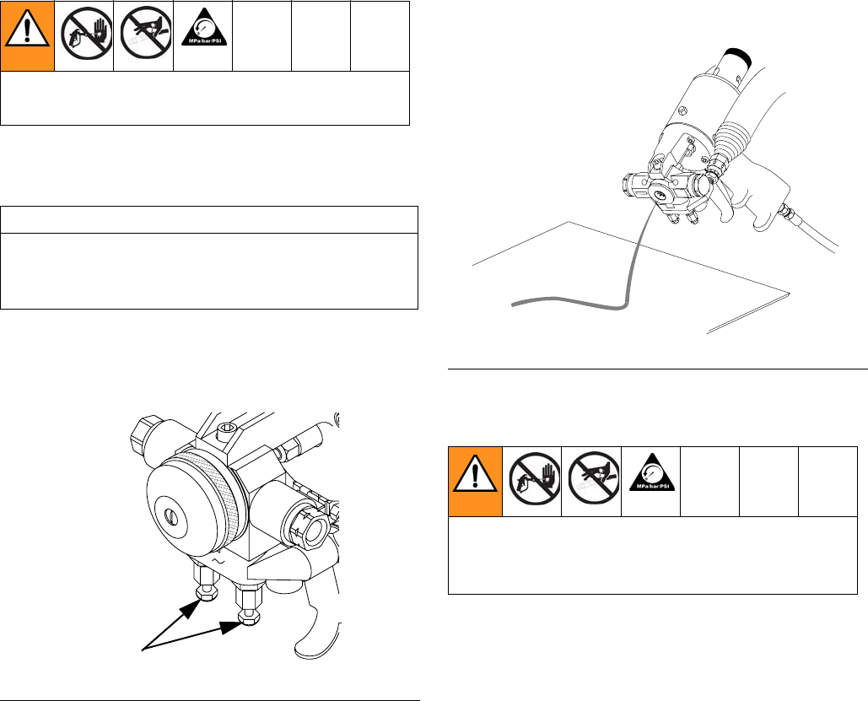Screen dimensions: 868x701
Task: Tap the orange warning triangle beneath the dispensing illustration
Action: [474, 475]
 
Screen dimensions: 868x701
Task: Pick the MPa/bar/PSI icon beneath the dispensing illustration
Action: [652, 474]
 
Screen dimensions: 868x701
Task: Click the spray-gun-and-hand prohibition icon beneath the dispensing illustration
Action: [535, 478]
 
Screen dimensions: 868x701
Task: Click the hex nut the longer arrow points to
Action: [249, 617]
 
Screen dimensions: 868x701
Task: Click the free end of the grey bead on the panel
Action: [513, 304]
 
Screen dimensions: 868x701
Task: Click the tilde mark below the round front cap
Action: [218, 560]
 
